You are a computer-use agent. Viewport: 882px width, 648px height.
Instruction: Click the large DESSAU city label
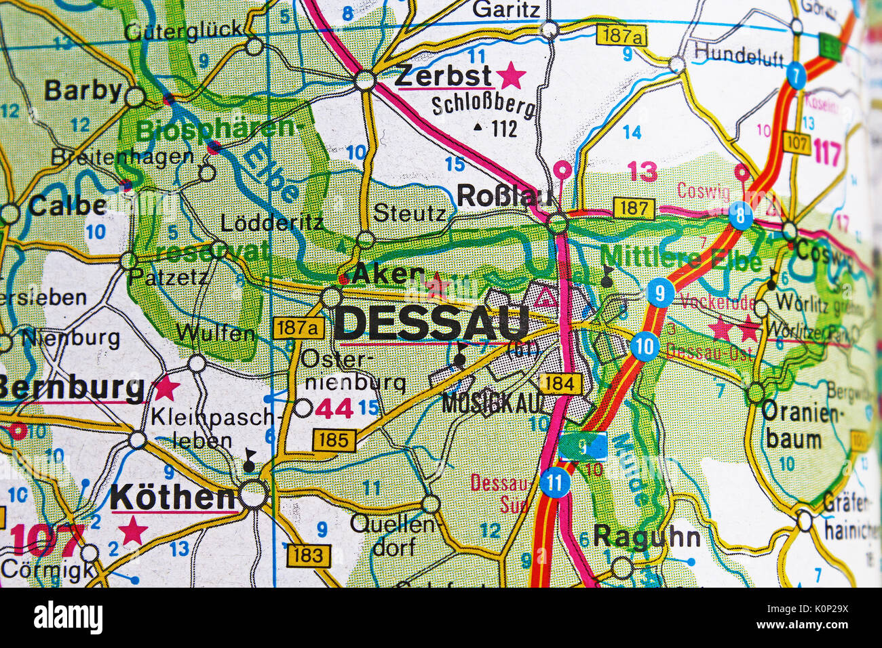432,323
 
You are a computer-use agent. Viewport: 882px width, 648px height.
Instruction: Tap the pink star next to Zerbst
511,76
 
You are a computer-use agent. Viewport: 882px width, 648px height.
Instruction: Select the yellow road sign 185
334,441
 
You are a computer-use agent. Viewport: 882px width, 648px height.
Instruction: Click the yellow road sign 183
309,555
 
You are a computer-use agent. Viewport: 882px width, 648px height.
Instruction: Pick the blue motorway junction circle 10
644,348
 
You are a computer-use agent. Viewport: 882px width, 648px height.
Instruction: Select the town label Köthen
172,497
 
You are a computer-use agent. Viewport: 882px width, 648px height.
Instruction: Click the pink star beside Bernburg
166,388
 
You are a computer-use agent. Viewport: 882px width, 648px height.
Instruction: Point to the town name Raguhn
647,537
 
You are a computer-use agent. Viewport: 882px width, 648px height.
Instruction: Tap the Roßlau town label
506,196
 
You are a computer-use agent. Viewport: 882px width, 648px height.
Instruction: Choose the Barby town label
83,90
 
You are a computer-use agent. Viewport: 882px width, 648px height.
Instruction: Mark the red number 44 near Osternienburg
333,409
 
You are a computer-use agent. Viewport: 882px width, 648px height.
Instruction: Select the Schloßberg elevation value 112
504,128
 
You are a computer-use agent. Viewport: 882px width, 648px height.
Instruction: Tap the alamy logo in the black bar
68,617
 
